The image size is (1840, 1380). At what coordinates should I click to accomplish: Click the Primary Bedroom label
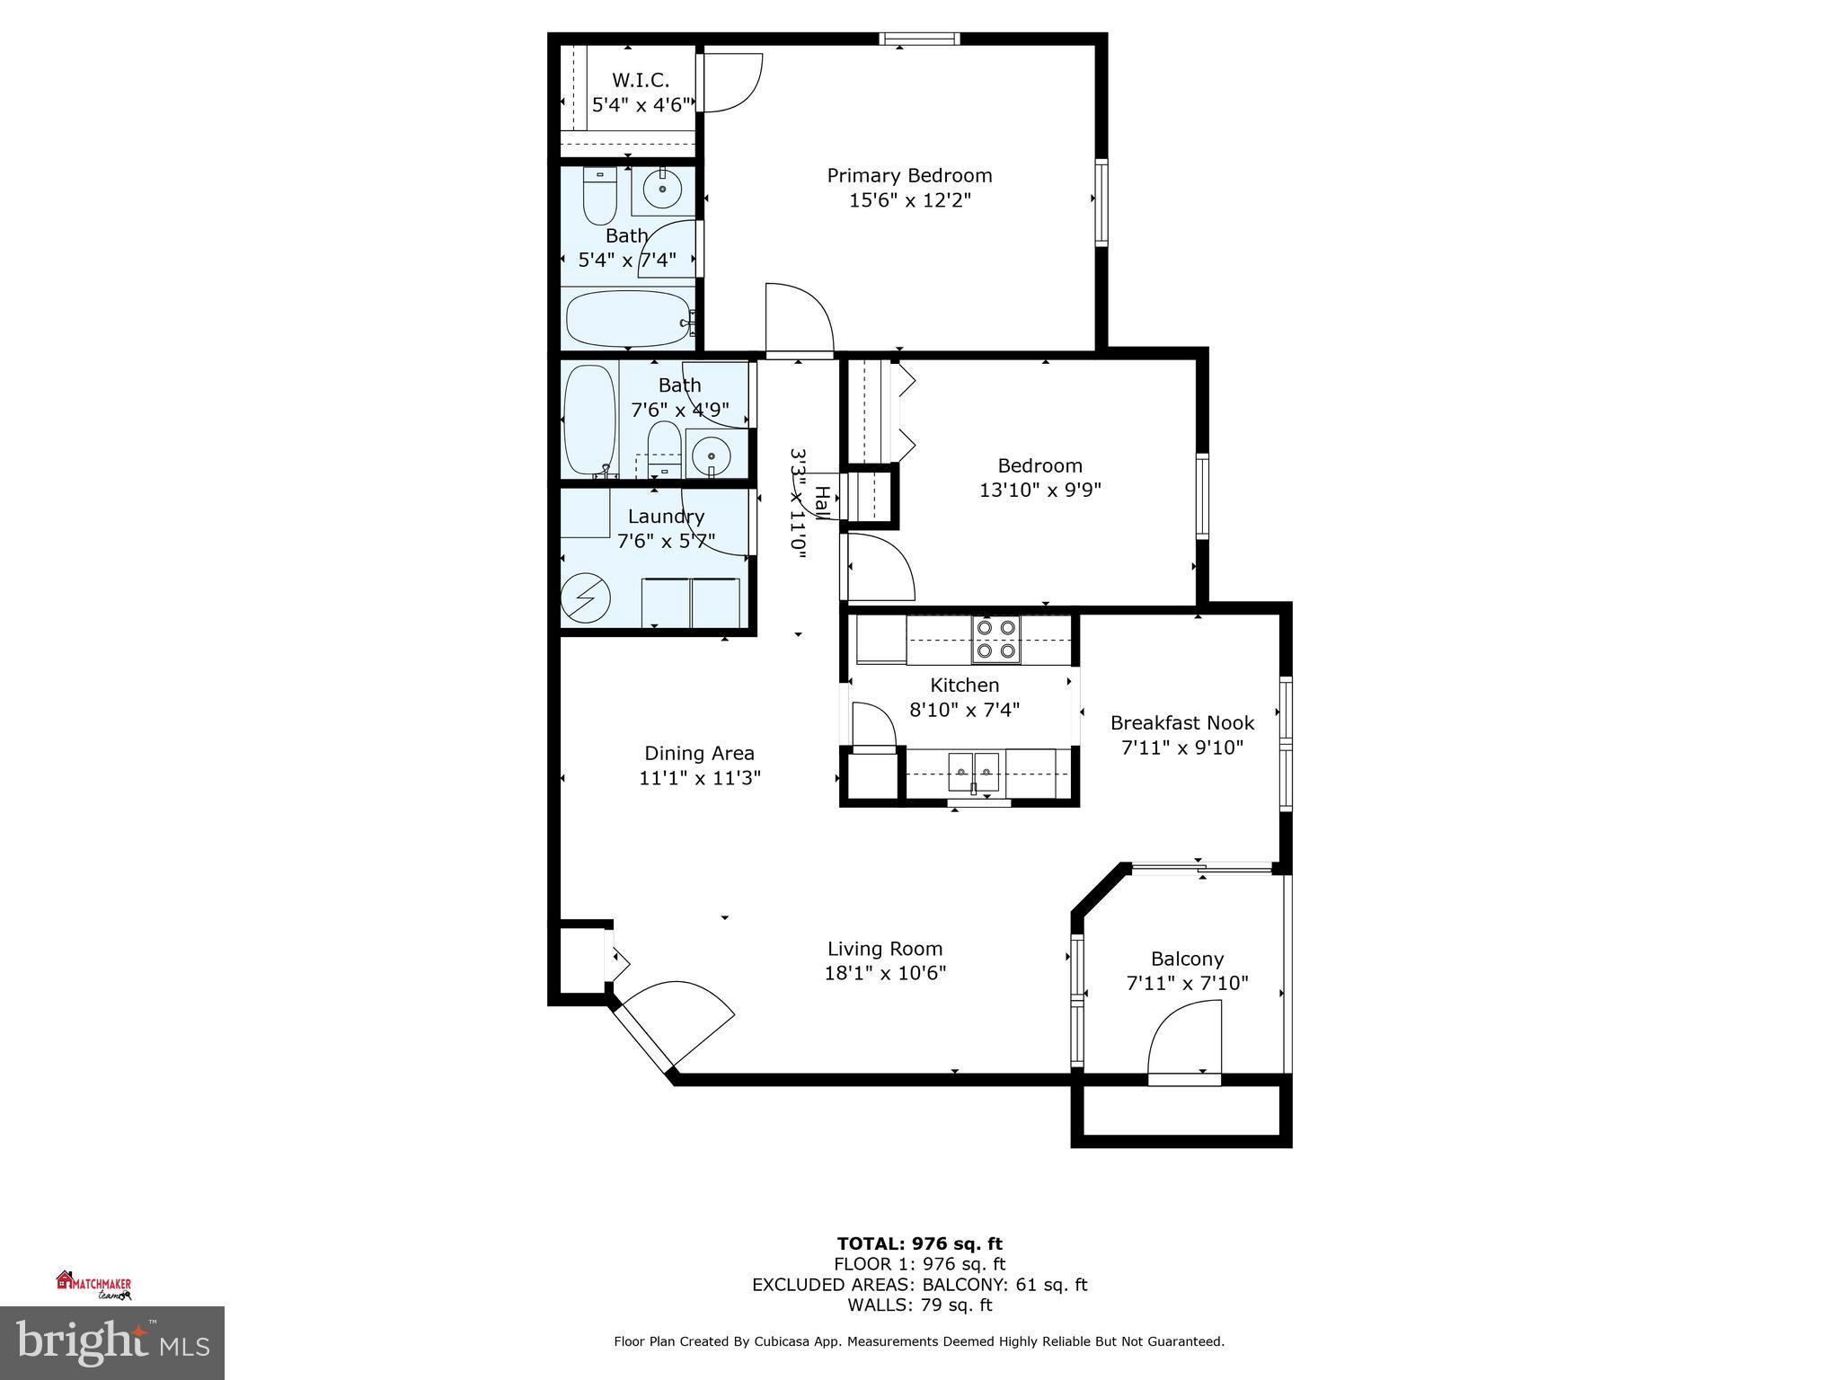pos(909,175)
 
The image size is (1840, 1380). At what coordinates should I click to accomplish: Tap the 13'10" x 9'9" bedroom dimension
pos(1039,491)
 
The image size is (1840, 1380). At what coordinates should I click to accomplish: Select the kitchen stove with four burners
pos(995,639)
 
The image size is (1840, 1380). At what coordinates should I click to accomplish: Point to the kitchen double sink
pos(973,772)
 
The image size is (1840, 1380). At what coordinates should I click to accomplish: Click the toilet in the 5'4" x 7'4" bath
pos(599,197)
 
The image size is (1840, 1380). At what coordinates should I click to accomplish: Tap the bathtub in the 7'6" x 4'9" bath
pos(589,420)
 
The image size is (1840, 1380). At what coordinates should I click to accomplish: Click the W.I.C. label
pos(641,80)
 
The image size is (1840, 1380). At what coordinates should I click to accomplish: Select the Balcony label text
pos(1187,959)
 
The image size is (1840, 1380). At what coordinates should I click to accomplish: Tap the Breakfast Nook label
pos(1181,722)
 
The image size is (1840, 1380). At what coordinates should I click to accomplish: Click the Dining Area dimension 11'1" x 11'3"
pos(699,778)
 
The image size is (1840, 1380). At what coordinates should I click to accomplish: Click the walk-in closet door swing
pos(730,83)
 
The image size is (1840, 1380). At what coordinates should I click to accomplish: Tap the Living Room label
pos(884,949)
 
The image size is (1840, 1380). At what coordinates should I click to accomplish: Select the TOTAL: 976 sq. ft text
pos(919,1243)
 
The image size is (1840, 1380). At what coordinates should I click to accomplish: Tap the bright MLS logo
pos(111,1342)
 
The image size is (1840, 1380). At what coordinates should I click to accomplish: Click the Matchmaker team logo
pos(93,1285)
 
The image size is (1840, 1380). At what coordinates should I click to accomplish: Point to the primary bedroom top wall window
pos(919,39)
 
